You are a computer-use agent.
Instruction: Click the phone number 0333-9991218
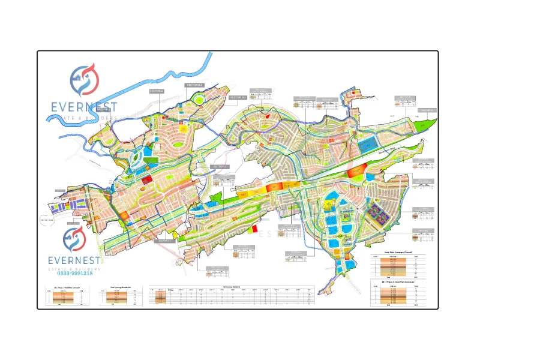point(71,273)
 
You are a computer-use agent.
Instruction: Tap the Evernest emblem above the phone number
point(75,239)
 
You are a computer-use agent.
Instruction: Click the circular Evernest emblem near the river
point(85,80)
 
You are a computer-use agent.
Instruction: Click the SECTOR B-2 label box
point(196,85)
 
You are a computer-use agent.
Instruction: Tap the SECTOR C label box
point(220,167)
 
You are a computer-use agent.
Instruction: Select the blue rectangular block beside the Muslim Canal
point(365,146)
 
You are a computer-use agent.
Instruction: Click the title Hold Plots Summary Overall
point(398,253)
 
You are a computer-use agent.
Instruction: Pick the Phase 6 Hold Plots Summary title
point(398,281)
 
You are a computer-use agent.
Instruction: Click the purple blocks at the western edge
point(58,208)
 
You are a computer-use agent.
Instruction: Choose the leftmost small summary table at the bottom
point(68,296)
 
